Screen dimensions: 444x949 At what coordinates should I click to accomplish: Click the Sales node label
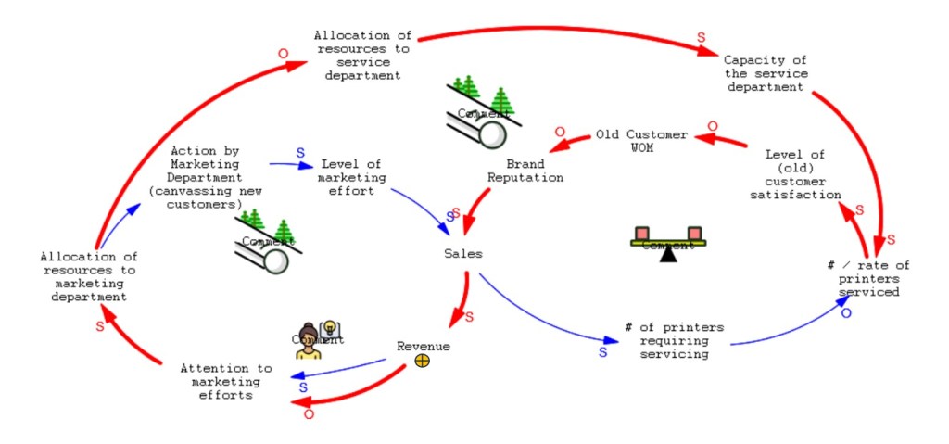tap(462, 253)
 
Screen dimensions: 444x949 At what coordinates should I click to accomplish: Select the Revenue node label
tap(424, 346)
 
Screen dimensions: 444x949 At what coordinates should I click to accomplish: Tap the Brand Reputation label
tap(525, 171)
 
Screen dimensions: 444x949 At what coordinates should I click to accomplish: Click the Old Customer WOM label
tap(641, 141)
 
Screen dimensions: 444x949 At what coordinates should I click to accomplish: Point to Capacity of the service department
tap(766, 73)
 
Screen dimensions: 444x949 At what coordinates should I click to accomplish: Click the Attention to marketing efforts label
tap(226, 381)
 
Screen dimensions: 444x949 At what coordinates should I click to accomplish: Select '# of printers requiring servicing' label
tap(674, 340)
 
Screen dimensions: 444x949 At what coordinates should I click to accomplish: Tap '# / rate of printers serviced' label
tap(867, 278)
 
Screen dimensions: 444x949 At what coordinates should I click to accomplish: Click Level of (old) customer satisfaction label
tap(803, 175)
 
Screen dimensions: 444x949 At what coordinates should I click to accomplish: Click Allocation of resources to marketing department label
tap(89, 276)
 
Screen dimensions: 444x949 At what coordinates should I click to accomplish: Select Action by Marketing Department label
tap(208, 176)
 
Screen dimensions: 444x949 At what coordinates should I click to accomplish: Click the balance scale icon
tap(667, 243)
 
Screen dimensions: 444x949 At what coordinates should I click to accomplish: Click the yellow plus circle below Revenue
tap(423, 361)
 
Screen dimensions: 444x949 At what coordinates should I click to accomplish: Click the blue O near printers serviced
tap(844, 313)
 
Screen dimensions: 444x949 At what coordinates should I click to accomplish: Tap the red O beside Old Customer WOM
tap(713, 126)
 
